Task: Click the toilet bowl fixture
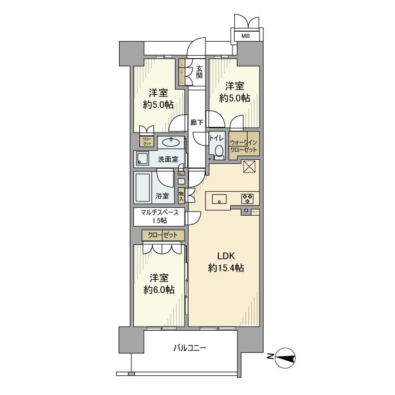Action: (x=217, y=150)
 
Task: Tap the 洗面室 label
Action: (x=168, y=159)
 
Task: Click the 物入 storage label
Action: (x=181, y=196)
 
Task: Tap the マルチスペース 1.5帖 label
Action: (x=160, y=216)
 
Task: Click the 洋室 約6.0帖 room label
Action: (x=159, y=284)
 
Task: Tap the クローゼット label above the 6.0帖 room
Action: (x=163, y=235)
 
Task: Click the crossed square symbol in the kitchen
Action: (x=249, y=167)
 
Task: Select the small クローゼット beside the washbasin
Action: (x=146, y=142)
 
